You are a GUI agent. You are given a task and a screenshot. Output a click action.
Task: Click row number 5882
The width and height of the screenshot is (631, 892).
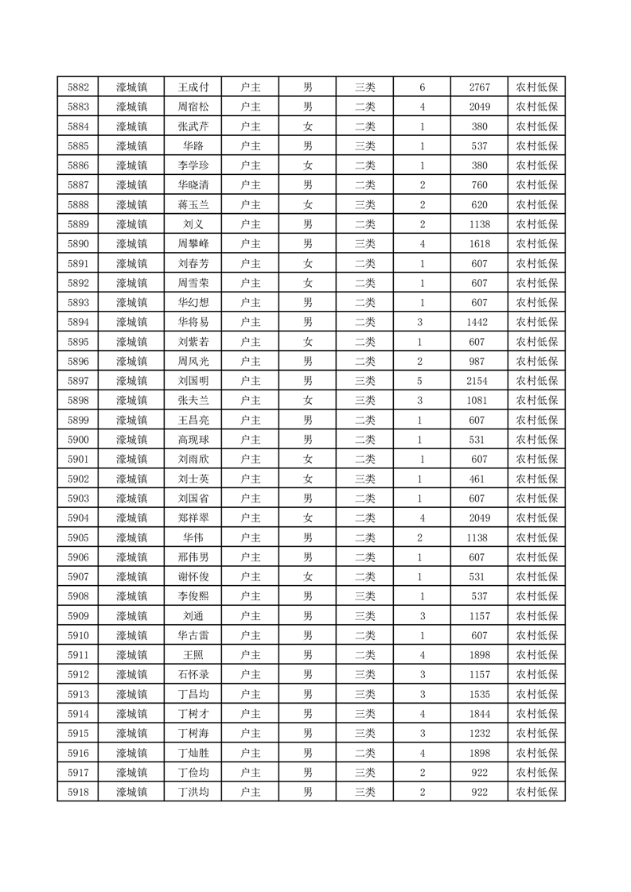coord(78,87)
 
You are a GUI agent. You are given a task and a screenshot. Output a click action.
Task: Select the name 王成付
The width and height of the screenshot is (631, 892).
coord(193,87)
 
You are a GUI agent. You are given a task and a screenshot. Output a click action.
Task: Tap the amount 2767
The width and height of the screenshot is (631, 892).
coord(479,87)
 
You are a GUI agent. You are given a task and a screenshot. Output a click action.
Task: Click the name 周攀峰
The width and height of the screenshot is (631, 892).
coord(193,244)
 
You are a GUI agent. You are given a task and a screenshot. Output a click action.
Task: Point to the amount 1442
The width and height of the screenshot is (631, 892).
coord(479,322)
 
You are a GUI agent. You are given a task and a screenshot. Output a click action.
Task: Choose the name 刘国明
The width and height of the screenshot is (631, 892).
coord(193,381)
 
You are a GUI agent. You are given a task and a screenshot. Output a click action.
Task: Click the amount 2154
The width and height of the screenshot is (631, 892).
coord(479,381)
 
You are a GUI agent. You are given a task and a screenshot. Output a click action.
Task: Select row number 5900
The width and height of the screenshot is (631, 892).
coord(78,440)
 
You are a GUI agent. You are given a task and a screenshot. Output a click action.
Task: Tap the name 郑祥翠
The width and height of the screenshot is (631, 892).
coord(193,518)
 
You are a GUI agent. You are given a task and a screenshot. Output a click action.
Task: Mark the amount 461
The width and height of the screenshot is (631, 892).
coord(479,479)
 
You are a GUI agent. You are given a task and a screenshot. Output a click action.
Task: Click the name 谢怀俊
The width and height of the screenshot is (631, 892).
coord(193,577)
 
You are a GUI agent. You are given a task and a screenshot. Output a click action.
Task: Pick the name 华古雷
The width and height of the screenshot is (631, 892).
coord(193,635)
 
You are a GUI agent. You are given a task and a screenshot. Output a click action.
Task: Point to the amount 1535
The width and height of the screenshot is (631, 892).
coord(479,694)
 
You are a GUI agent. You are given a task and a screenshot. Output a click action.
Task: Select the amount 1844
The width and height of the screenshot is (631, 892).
coord(479,714)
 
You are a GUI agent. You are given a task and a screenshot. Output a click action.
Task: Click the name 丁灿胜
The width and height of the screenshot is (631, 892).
coord(193,753)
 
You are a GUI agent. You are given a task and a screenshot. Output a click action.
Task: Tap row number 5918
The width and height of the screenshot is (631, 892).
coord(78,792)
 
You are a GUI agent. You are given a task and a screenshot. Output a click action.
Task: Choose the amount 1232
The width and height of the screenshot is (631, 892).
coord(479,733)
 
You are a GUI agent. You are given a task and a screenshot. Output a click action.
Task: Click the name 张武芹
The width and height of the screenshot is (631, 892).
coord(193,126)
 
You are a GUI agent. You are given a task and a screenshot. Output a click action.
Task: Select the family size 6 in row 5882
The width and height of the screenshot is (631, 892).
coord(422,87)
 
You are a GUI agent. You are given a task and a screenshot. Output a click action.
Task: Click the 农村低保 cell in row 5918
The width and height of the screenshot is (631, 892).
coord(536,792)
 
